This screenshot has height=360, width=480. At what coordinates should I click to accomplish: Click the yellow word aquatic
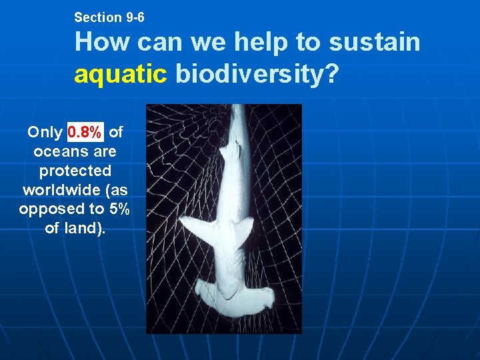click(x=121, y=75)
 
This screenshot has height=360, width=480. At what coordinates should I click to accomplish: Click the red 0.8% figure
click(x=85, y=132)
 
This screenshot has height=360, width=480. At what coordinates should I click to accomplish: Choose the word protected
click(x=75, y=171)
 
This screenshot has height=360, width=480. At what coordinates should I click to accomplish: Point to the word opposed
click(x=44, y=209)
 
